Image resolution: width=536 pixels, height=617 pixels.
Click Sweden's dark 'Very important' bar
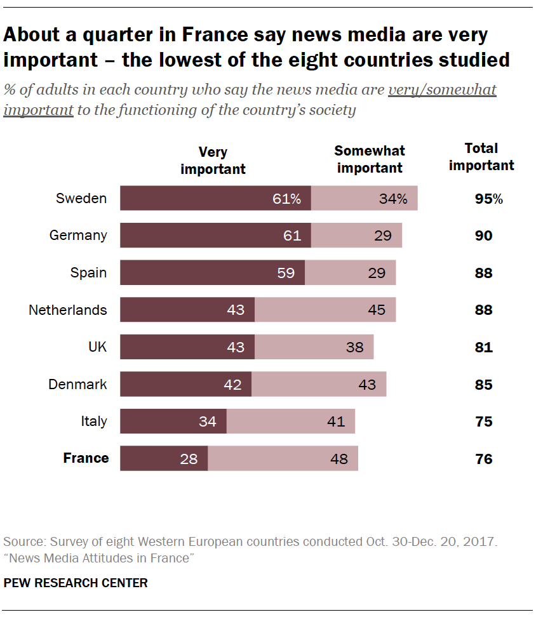215,198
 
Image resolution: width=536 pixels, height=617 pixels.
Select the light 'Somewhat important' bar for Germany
356,236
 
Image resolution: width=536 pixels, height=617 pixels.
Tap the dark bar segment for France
164,458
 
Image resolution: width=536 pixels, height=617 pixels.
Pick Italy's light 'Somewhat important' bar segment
290,421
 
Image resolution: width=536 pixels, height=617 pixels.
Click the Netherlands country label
68,310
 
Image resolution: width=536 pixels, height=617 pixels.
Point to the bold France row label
86,458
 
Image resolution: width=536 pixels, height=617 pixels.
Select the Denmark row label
77,385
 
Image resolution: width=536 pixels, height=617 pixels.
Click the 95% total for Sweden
488,199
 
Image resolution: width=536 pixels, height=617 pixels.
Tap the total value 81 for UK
484,348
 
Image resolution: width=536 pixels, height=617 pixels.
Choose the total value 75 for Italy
484,422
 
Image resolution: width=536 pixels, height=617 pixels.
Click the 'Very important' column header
213,161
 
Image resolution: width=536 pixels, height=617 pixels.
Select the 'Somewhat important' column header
370,159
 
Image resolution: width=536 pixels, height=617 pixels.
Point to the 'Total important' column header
481,157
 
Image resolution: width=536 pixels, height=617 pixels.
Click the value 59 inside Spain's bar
286,273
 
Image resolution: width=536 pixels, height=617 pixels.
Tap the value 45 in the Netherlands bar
377,310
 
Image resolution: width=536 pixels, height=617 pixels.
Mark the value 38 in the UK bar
355,348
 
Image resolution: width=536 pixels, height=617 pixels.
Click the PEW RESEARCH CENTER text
76,583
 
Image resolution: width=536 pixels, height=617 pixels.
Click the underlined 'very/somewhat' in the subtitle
442,90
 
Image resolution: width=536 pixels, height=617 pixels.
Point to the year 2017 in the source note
481,543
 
